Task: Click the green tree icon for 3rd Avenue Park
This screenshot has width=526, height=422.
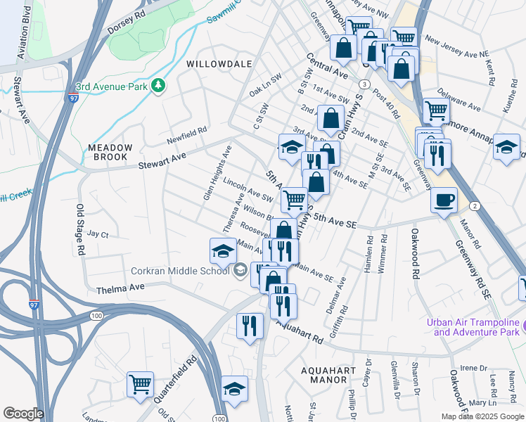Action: [160, 86]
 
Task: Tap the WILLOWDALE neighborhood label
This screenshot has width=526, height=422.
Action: [219, 64]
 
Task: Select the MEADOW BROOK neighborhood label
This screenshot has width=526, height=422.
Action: [110, 153]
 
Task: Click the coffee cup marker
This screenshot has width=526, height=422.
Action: [444, 200]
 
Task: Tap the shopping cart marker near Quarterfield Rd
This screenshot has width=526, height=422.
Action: [140, 384]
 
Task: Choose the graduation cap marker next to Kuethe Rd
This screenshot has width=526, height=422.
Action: [506, 148]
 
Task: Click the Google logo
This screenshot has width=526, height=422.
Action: [23, 414]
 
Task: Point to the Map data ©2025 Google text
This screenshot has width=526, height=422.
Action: [482, 416]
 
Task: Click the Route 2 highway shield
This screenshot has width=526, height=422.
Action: [475, 205]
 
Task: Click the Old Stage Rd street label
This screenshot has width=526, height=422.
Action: [80, 229]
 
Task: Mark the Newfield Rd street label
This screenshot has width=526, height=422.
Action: [187, 131]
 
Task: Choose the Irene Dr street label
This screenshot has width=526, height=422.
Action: [473, 368]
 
